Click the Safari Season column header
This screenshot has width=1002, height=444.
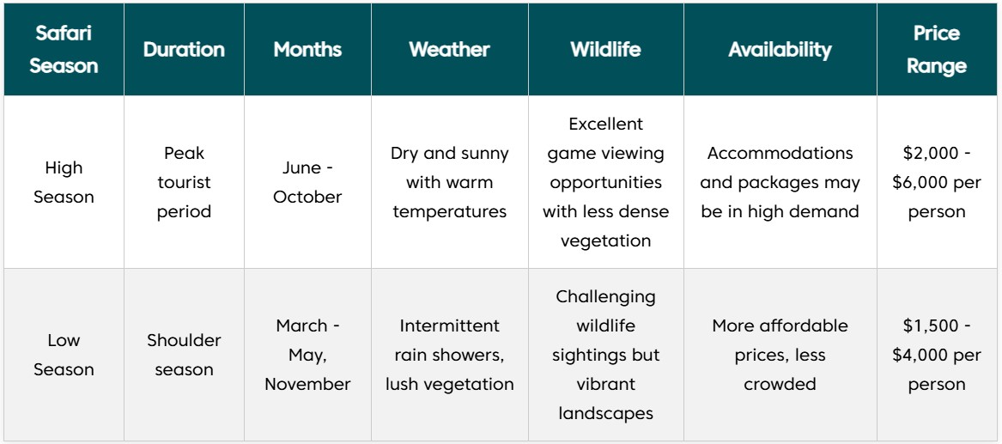64,49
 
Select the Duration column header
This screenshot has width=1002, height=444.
184,50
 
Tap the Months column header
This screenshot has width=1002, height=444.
307,50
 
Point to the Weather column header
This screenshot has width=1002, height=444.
449,50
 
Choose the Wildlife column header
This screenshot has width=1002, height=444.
606,50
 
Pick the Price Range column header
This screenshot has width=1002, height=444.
936,49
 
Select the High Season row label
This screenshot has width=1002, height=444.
64,182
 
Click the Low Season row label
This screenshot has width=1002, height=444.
64,355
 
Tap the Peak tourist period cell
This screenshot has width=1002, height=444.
184,182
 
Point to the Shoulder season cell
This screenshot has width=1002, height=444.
184,355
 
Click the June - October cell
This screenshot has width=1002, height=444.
307,182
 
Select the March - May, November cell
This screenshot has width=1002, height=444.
307,355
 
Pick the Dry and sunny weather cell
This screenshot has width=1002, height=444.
449,182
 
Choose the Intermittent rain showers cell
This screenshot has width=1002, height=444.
449,355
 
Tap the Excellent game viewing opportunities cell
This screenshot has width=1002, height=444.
606,182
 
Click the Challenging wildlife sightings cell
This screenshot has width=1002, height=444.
606,355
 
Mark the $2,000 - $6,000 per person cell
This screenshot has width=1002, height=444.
936,182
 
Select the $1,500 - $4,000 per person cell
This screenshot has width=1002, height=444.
936,355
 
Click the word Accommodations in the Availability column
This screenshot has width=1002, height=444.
780,154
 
